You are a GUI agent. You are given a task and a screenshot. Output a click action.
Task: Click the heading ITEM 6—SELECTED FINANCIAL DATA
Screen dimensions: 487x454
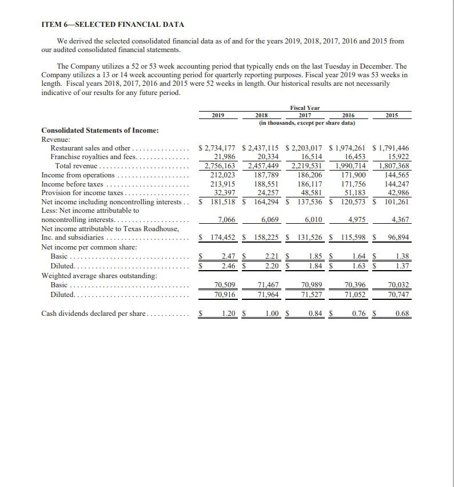[x=113, y=25]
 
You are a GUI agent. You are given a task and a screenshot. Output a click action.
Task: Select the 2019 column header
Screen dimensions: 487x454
[x=217, y=115]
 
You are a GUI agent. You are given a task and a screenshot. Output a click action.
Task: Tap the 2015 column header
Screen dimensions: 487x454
[x=392, y=115]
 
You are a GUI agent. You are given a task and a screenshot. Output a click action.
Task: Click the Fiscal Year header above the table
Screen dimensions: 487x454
[x=305, y=108]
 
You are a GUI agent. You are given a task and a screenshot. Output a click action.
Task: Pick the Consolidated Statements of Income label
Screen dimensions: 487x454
[x=100, y=130]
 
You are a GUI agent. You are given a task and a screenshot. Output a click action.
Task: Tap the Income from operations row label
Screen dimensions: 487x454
[x=78, y=175]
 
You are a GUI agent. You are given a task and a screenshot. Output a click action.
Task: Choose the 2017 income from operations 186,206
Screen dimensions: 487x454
[x=310, y=175]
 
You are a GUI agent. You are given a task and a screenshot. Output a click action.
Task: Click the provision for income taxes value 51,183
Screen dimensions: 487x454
[x=355, y=193]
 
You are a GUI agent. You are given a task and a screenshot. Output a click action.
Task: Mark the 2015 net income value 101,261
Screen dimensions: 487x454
[x=395, y=202]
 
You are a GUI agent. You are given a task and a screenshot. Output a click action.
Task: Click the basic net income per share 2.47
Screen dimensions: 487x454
[x=229, y=256]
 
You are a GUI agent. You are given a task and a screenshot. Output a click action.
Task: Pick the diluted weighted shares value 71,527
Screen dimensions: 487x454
[x=313, y=294]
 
